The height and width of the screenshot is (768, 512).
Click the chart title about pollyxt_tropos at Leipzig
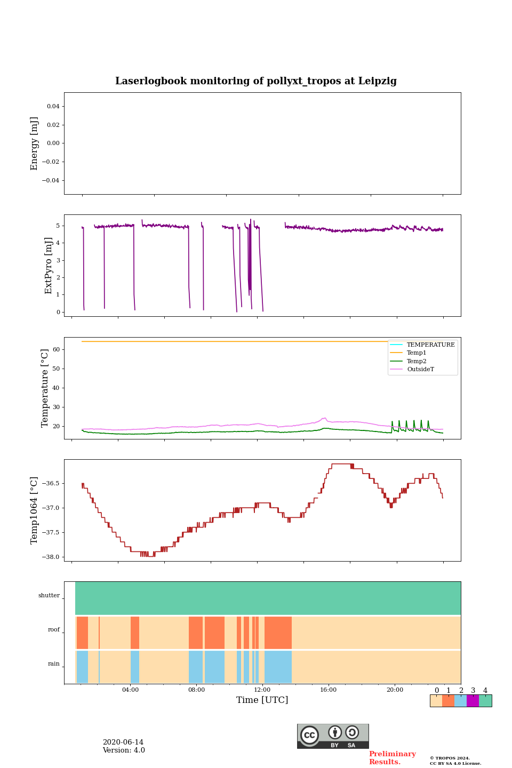[256, 81]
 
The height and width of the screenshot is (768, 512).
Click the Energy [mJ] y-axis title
[35, 143]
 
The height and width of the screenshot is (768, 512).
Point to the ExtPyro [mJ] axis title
[49, 266]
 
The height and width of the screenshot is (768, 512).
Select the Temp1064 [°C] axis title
[35, 510]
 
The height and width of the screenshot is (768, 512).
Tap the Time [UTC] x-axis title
[262, 700]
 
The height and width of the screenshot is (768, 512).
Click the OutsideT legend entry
[420, 370]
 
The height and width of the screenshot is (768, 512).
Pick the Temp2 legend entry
[417, 362]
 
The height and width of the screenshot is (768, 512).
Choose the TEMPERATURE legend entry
[430, 345]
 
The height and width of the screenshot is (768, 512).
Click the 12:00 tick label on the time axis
[262, 690]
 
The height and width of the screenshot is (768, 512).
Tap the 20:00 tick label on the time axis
[395, 690]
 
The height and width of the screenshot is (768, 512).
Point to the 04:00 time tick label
[130, 690]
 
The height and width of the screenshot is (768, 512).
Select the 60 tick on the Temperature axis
[55, 350]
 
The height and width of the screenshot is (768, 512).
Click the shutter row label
[49, 596]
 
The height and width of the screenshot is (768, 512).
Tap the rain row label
[54, 664]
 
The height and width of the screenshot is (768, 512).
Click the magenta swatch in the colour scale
[473, 701]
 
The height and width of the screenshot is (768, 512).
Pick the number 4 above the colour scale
[485, 691]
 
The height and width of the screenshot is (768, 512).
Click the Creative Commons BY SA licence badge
[333, 736]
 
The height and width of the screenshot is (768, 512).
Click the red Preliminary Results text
[392, 758]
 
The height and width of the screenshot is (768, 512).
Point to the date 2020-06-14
[123, 742]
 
